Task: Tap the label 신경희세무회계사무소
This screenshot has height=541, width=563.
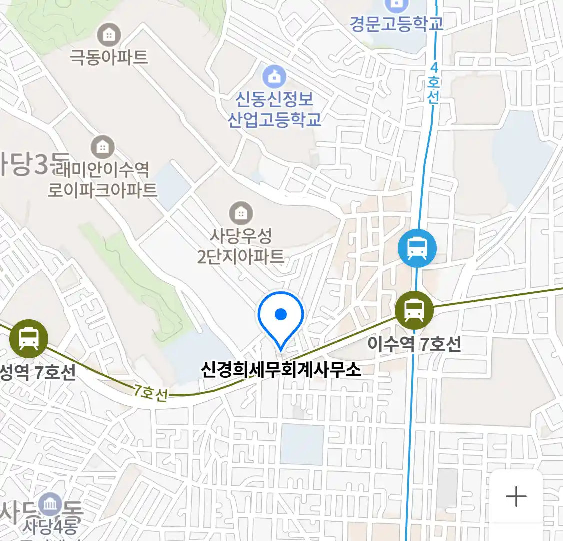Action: pos(280,370)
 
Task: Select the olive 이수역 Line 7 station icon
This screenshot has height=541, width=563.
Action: pos(414,309)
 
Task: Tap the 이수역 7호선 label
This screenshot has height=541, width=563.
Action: pos(414,344)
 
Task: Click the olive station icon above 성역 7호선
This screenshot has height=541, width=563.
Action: pos(29,338)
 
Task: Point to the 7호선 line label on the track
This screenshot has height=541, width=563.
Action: pos(150,392)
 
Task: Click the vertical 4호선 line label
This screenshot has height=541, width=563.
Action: pos(433,83)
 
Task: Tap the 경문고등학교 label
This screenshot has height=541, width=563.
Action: pos(396,24)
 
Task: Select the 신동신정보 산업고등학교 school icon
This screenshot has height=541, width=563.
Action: pos(274,77)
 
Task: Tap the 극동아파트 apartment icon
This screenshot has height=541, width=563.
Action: pos(108,35)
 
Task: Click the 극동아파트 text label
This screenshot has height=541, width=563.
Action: pos(108,57)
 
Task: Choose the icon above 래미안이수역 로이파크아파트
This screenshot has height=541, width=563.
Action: pos(102,147)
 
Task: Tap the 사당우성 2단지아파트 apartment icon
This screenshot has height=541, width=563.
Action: pos(241,214)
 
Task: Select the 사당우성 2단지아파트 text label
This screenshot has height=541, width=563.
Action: pos(241,246)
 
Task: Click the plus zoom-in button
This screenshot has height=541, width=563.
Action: pos(516,496)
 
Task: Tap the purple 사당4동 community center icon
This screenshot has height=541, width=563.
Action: pos(50,505)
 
